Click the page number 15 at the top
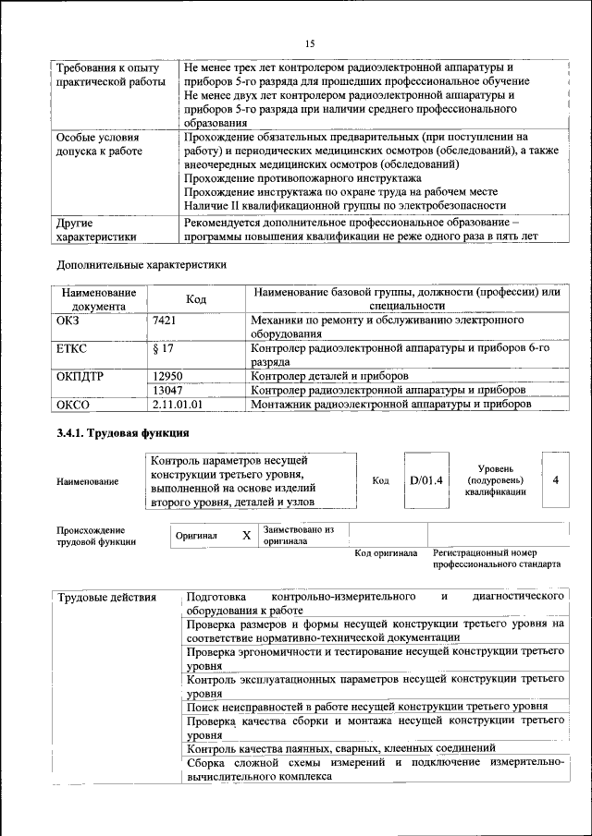click(310, 43)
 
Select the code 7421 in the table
click(164, 320)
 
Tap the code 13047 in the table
click(166, 390)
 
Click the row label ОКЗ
click(70, 320)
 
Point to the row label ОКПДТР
click(82, 376)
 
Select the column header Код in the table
click(196, 298)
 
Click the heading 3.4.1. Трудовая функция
click(123, 432)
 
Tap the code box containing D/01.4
click(426, 480)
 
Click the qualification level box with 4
click(555, 480)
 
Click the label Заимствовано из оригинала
click(298, 536)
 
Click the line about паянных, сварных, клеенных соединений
click(341, 747)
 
